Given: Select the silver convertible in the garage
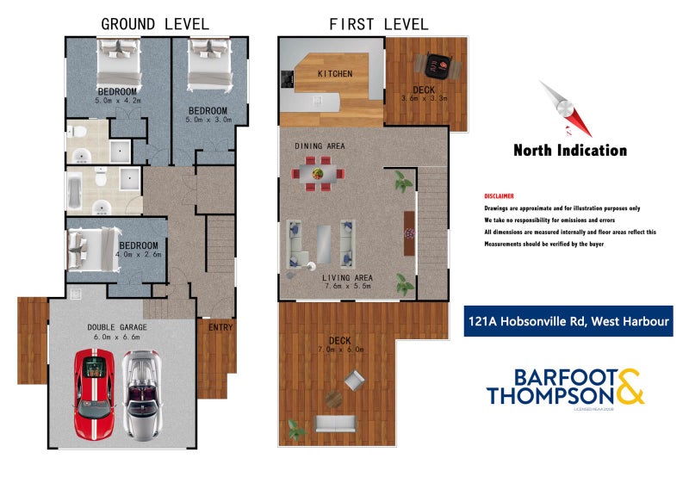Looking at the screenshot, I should click(139, 393).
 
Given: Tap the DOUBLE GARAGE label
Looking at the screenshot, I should click(117, 327).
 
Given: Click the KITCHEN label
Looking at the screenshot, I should click(335, 74).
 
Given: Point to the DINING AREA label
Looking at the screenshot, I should click(320, 146).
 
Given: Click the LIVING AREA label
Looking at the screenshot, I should click(347, 277).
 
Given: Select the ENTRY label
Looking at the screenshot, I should click(220, 326).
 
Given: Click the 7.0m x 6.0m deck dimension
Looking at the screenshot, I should click(341, 350).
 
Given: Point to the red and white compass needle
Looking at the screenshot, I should click(566, 108).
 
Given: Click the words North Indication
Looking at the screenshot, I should click(570, 151).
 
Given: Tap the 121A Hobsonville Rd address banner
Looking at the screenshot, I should click(568, 323).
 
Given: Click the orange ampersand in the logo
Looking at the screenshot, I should click(629, 387).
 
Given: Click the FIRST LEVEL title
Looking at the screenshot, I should click(379, 23).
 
